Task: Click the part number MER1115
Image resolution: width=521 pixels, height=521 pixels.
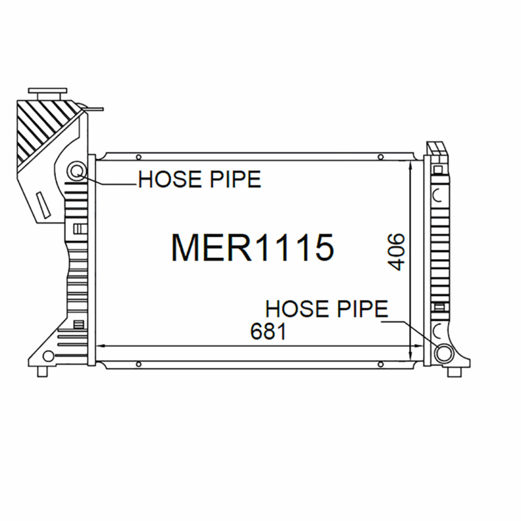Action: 252,247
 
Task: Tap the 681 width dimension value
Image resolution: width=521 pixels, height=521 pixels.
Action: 269,331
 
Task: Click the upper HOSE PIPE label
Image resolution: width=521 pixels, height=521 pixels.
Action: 199,179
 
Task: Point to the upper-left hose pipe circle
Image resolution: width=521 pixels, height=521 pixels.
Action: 77,172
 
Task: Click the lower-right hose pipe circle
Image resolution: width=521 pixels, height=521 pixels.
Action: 445,353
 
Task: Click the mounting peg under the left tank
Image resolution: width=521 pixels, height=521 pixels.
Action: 43,372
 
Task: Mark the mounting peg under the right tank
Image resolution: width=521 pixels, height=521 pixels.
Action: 451,372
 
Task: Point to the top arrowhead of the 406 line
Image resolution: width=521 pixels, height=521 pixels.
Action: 409,165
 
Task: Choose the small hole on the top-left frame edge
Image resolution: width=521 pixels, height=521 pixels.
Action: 138,156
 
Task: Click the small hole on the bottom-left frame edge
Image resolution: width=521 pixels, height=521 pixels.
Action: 138,363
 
